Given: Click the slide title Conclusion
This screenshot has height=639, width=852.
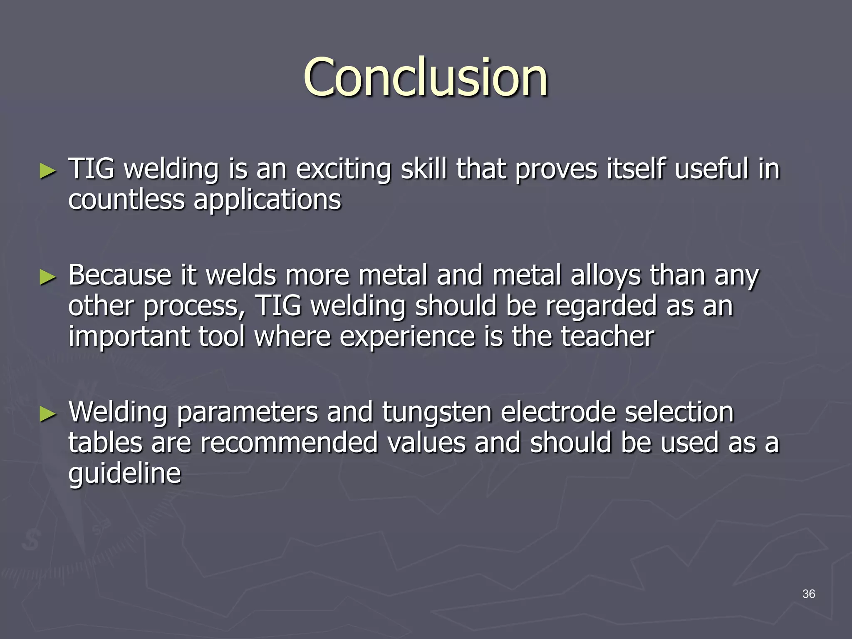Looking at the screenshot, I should pos(425,78).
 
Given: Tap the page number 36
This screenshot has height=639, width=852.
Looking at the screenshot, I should pos(808,594).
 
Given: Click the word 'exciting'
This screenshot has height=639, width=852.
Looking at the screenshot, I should pos(343,170).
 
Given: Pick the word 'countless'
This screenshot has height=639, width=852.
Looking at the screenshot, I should pos(126,200).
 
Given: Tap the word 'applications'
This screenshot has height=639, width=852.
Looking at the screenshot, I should pos(267,201).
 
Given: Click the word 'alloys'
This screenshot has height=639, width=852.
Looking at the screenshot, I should pos(605,276).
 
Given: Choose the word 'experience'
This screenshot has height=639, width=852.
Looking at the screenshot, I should pos(407,337).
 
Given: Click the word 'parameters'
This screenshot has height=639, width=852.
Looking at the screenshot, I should pos(247,413).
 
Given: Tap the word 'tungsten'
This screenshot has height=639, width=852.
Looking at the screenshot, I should pos(436,413).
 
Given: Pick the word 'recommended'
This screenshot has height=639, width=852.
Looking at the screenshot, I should pos(289,443).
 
